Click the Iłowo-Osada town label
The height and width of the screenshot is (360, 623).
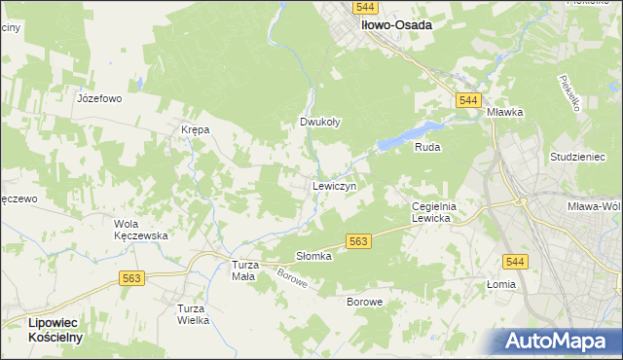point(396,26)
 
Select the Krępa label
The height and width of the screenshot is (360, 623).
point(195,129)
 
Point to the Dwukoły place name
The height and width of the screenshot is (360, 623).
point(319,123)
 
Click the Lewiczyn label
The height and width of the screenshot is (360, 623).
point(334,185)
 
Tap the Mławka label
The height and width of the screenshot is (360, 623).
point(505,112)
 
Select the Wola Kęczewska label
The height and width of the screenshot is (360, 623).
point(141,230)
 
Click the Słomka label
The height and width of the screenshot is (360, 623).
point(313,256)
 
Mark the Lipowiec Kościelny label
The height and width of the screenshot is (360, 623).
point(42,329)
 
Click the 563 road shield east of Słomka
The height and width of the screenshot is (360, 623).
point(357,241)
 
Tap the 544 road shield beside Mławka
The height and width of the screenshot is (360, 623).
point(468,100)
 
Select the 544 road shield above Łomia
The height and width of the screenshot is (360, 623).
point(516,261)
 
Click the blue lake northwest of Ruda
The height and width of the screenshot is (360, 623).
point(409,135)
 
